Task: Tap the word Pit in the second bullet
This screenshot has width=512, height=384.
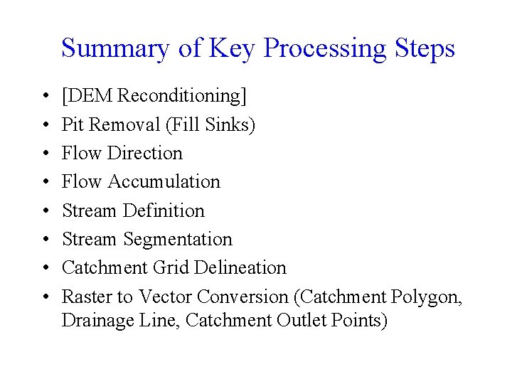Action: [x=73, y=124]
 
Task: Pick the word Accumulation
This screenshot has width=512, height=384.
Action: [x=164, y=181]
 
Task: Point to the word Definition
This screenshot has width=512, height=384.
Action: [x=164, y=210]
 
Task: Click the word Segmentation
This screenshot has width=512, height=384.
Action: [x=178, y=240]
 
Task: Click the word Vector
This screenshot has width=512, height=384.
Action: [x=166, y=296]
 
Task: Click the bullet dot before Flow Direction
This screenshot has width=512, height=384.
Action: [x=44, y=154]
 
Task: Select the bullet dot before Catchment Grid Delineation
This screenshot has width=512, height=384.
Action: [x=44, y=268]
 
